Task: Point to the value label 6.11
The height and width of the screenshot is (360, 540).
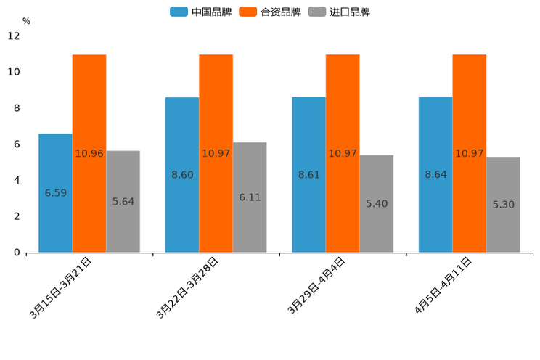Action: click(x=250, y=197)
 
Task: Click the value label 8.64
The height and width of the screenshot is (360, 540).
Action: click(x=435, y=175)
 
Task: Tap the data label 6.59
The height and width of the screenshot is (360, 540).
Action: click(x=55, y=193)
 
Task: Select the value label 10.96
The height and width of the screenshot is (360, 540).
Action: click(x=89, y=154)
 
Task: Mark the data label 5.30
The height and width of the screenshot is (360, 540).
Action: click(x=503, y=205)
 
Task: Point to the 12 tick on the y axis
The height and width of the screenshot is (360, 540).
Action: click(x=14, y=36)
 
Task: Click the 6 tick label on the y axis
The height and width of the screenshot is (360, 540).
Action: click(x=16, y=144)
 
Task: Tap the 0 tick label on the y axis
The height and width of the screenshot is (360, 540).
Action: click(x=16, y=253)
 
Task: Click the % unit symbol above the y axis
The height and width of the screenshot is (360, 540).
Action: click(x=26, y=22)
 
